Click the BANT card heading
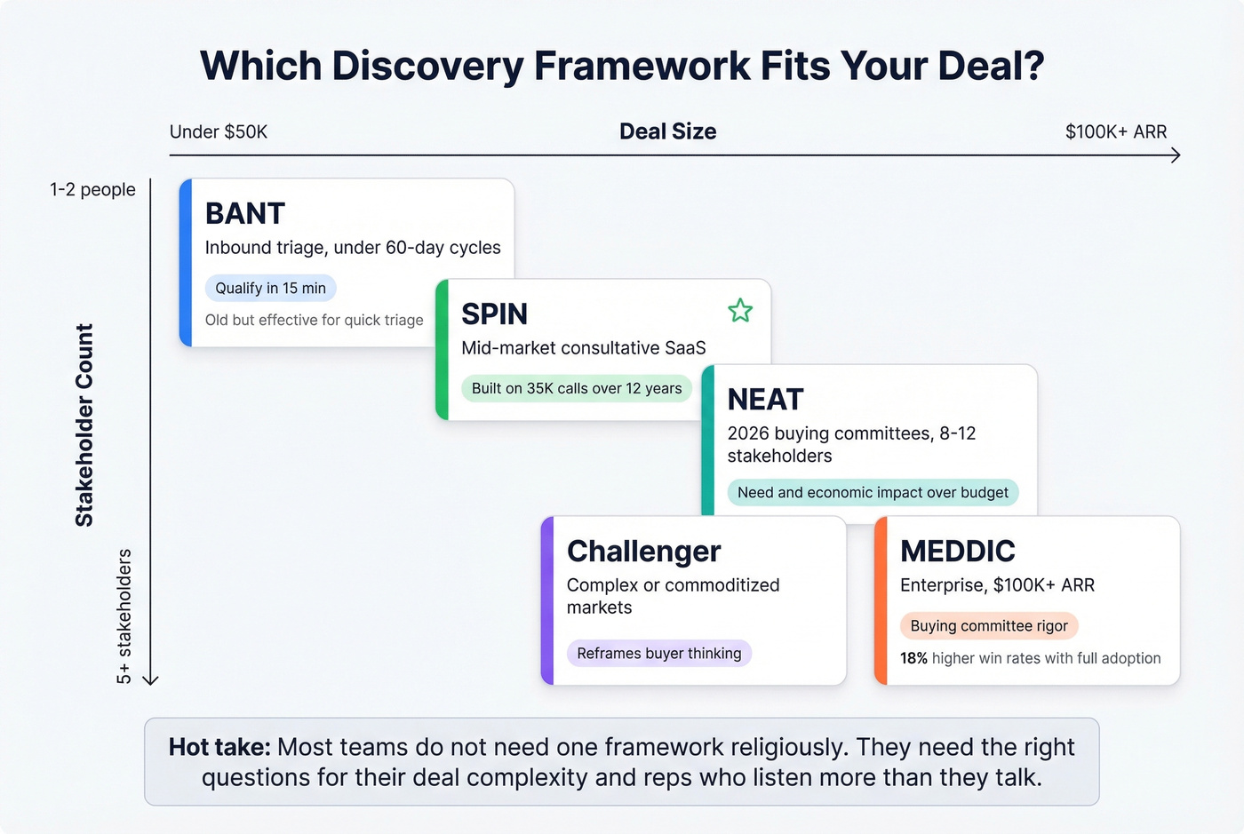click(x=245, y=214)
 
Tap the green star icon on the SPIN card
click(x=740, y=311)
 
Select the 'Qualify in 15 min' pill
click(x=270, y=288)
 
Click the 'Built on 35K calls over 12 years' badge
click(x=576, y=388)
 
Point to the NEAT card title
click(x=765, y=400)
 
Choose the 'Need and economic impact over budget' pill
click(x=873, y=492)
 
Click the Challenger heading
click(x=643, y=552)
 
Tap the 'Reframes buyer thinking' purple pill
click(x=658, y=653)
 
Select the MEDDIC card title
click(x=957, y=552)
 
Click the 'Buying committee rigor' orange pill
click(x=988, y=625)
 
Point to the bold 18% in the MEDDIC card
click(x=913, y=658)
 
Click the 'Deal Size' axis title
click(x=667, y=131)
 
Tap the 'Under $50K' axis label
click(x=219, y=131)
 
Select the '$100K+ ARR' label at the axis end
click(x=1115, y=131)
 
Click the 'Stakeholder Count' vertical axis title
click(x=84, y=425)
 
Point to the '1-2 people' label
click(x=92, y=189)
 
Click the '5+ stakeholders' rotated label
click(x=124, y=616)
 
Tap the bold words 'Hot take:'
click(x=219, y=747)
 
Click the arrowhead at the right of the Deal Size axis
click(x=1175, y=155)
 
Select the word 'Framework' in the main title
click(x=642, y=66)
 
